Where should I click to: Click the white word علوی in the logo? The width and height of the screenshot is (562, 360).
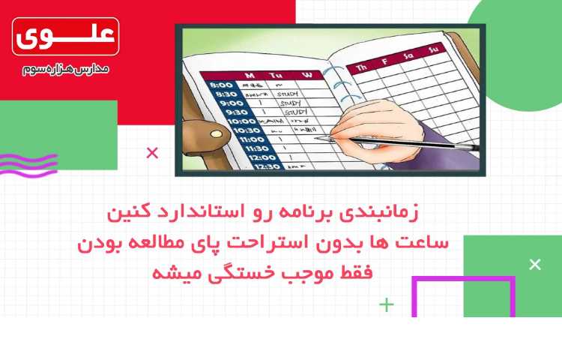pos(65,35)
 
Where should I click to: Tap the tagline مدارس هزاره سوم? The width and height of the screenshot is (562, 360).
pos(65,69)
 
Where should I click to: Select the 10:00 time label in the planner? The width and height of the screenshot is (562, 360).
pos(240,121)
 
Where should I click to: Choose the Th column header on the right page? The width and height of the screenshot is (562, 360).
pos(363,68)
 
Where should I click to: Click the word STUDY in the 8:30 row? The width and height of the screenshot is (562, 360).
pos(287,94)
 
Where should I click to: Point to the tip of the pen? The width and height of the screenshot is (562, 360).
pos(318,139)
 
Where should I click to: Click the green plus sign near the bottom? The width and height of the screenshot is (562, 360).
pos(386,304)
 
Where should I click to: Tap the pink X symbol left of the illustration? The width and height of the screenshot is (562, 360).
pos(152,154)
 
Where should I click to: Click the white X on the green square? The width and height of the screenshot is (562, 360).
pos(534,264)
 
